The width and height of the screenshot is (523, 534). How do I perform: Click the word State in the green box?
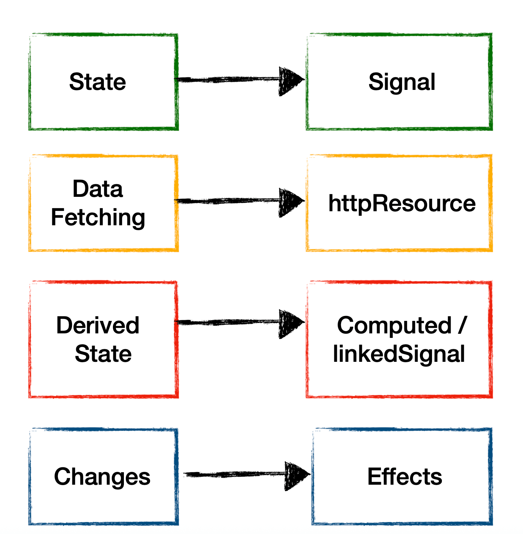(97, 82)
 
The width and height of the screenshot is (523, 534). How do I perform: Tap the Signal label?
(402, 82)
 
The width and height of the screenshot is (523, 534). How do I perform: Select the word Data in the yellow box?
(98, 189)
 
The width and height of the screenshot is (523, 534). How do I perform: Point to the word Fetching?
(98, 218)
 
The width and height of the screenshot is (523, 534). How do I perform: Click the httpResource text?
(402, 203)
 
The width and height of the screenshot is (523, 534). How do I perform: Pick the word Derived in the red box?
(98, 325)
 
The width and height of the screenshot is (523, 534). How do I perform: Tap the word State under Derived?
(103, 354)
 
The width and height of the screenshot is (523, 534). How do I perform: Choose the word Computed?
(394, 325)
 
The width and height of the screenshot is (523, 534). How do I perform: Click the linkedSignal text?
(399, 354)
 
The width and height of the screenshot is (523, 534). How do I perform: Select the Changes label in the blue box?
(102, 477)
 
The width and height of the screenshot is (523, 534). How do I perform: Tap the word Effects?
(404, 477)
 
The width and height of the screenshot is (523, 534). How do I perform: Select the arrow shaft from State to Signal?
(227, 80)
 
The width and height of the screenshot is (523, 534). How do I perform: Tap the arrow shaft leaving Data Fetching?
(227, 201)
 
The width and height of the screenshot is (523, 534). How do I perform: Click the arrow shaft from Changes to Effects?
(235, 474)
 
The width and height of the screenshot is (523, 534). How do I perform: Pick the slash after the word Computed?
(461, 325)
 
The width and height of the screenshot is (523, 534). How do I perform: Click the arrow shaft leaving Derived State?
(227, 322)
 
